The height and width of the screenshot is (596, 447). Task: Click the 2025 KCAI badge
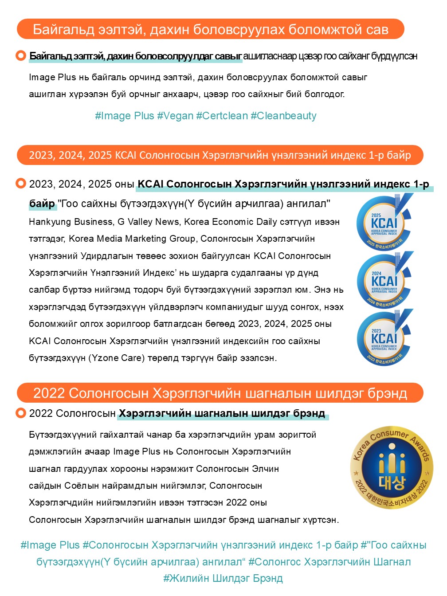point(384,223)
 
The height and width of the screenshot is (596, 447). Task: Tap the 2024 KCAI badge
point(384,281)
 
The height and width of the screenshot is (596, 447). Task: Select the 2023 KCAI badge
point(384,338)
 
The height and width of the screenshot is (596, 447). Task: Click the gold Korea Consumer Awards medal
point(392,468)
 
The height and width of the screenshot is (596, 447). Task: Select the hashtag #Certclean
point(222,116)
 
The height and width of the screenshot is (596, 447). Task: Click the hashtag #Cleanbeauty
point(283,116)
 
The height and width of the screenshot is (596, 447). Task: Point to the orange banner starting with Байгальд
point(210,29)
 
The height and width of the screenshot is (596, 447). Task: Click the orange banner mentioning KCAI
point(220,155)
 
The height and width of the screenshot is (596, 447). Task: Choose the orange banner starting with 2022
point(220,393)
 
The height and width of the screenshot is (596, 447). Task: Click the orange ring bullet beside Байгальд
point(20,56)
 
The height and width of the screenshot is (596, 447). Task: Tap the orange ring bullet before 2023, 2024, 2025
point(20,184)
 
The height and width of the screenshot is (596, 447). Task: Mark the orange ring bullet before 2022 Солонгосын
point(20,413)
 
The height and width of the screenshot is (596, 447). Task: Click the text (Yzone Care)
point(117,358)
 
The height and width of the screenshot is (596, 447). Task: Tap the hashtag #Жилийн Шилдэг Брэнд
point(223,578)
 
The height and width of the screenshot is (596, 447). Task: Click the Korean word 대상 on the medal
point(392,482)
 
